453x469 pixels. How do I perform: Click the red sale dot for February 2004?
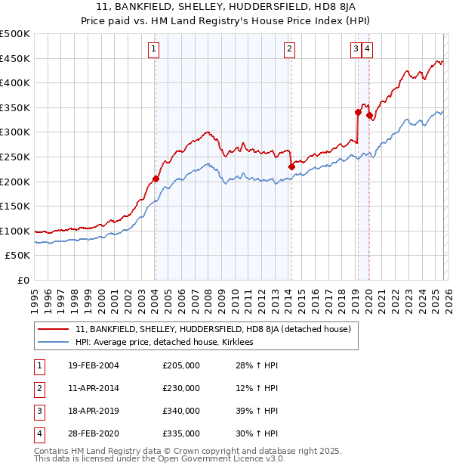pyautogui.click(x=156, y=179)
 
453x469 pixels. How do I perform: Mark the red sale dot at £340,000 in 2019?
pyautogui.click(x=358, y=112)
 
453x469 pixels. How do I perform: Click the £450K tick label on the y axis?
pyautogui.click(x=15, y=59)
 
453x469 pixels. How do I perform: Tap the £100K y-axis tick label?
pyautogui.click(x=15, y=231)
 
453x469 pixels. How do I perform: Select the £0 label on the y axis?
pyautogui.click(x=22, y=281)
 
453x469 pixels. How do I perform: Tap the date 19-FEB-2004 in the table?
pyautogui.click(x=88, y=365)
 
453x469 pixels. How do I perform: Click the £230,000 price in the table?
pyautogui.click(x=181, y=388)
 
